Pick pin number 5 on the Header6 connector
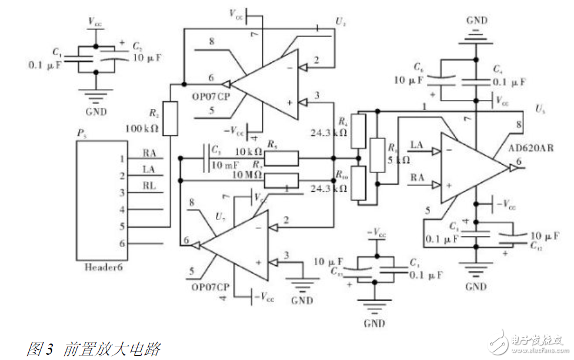[122, 226]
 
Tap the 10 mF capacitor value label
[225, 165]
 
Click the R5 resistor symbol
[281, 158]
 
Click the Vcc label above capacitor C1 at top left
[95, 21]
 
